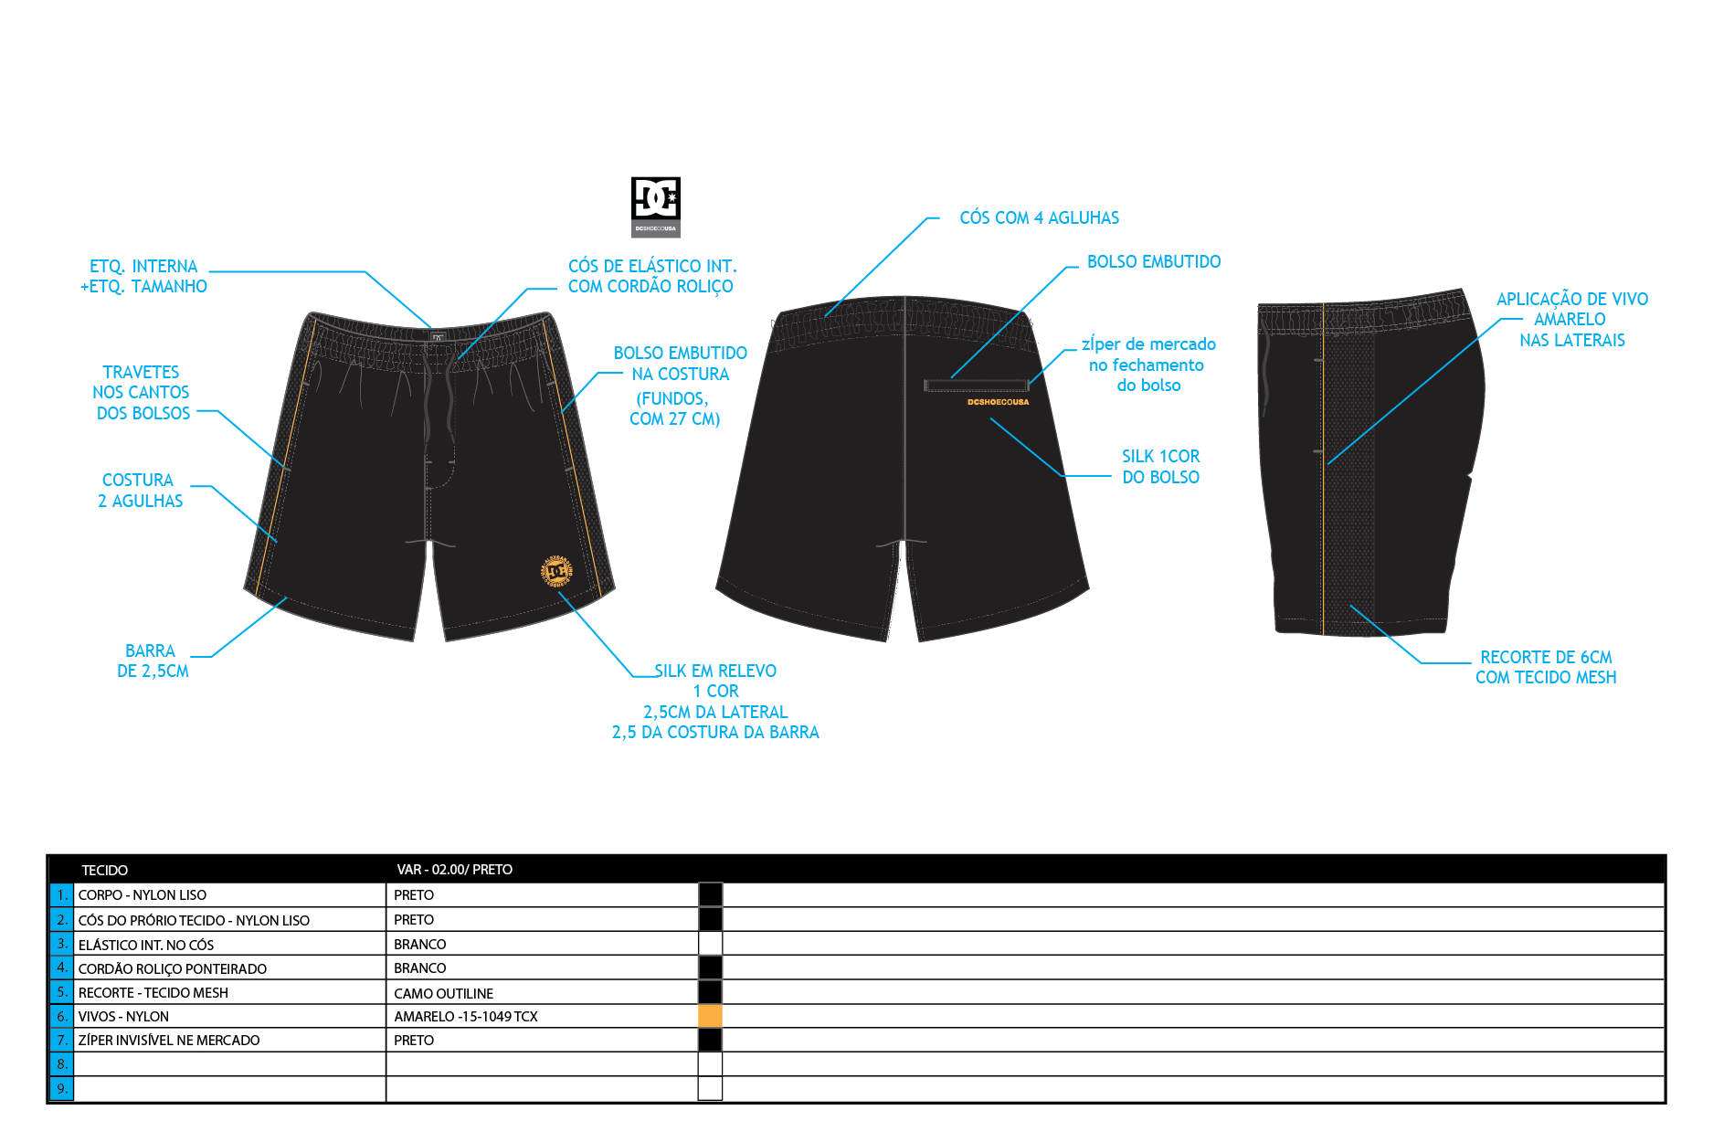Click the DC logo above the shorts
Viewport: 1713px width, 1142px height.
pyautogui.click(x=656, y=206)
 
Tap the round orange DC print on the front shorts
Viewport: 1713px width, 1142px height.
pyautogui.click(x=556, y=571)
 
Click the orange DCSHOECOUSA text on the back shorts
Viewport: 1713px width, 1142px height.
pyautogui.click(x=998, y=402)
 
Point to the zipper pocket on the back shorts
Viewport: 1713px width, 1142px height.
pyautogui.click(x=977, y=386)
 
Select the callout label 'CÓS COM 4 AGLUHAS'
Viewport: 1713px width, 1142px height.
pyautogui.click(x=1039, y=218)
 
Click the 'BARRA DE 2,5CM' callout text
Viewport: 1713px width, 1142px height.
pyautogui.click(x=153, y=661)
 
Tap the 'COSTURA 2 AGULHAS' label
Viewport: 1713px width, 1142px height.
pyautogui.click(x=141, y=491)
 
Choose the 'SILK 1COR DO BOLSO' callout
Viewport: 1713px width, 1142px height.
pyautogui.click(x=1160, y=467)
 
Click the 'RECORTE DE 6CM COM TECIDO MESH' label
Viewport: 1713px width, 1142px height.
pyautogui.click(x=1546, y=667)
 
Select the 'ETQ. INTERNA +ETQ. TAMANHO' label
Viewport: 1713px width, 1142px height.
pyautogui.click(x=143, y=276)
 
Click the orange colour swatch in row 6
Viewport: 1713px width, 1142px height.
pyautogui.click(x=710, y=1016)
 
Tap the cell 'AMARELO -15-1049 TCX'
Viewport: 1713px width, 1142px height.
pyautogui.click(x=466, y=1017)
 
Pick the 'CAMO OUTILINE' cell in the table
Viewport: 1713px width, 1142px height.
pyautogui.click(x=444, y=993)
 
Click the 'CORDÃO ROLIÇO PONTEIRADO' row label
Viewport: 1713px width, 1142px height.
pyautogui.click(x=173, y=969)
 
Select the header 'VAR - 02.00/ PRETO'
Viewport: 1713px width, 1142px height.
pyautogui.click(x=455, y=870)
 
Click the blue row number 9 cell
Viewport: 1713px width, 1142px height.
pyautogui.click(x=61, y=1088)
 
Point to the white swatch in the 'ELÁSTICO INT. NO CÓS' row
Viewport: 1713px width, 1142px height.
pyautogui.click(x=710, y=944)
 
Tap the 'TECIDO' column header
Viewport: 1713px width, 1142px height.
pyautogui.click(x=105, y=871)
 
